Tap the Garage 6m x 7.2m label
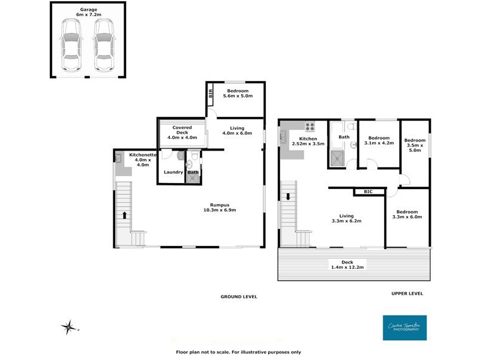coord(88,12)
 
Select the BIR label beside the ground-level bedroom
coord(211,94)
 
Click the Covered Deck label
coord(182,131)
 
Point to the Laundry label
coord(173,172)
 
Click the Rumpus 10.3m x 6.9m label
coord(220,207)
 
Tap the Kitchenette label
coord(143,160)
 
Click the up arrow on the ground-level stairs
coord(125,214)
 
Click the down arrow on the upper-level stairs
coord(288,197)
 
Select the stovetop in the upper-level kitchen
coord(310,127)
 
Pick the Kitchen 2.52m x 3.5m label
coord(308,142)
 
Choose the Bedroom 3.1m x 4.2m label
coord(379,140)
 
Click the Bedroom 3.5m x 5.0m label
coord(415,145)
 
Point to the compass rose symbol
coord(69,327)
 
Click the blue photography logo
coord(404,328)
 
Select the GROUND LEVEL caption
coord(239,296)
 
